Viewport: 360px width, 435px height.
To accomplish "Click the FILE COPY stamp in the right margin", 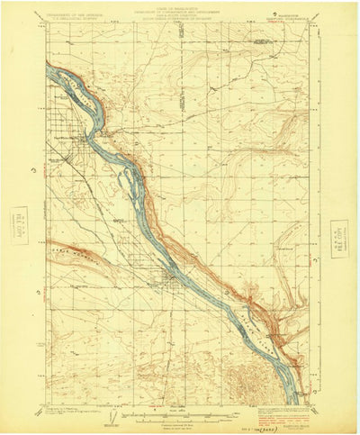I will (x=340, y=234).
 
